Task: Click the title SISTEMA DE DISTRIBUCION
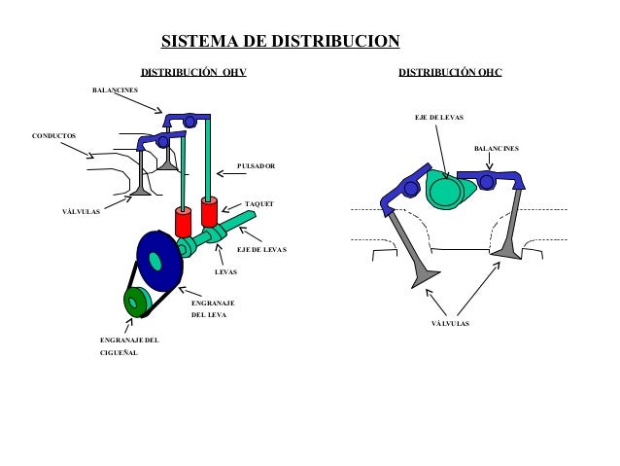tap(280, 42)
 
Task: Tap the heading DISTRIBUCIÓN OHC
tap(450, 73)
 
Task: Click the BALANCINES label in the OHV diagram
tap(115, 90)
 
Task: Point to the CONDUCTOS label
tap(53, 134)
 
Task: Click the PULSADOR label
tap(256, 166)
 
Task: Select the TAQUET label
tap(259, 203)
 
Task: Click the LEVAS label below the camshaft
tap(225, 272)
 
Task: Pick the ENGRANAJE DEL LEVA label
tap(211, 309)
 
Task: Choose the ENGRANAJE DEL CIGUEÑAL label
tap(128, 346)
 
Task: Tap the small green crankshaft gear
tap(134, 303)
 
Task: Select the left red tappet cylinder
tap(183, 221)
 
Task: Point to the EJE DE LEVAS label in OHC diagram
tap(438, 117)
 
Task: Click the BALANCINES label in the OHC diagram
tap(496, 149)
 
